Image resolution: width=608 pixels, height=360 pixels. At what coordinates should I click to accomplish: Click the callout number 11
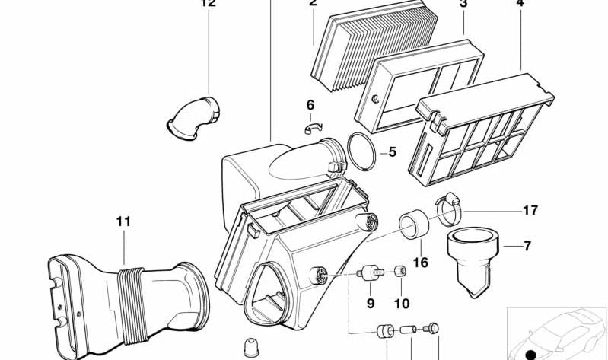coord(123,221)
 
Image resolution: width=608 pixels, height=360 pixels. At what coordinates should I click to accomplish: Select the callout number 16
coord(420,263)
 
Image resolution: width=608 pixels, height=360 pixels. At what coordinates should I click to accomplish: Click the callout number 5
coord(391,151)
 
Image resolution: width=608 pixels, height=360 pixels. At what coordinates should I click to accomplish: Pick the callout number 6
coord(310,104)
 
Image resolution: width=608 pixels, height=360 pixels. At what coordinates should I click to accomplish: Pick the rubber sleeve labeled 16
coord(415,226)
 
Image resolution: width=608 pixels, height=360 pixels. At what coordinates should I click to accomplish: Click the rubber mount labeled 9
coord(371,272)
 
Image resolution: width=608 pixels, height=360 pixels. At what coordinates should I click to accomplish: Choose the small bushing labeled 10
coord(399,272)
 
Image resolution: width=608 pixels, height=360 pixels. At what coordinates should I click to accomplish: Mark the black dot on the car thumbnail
coord(530,353)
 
